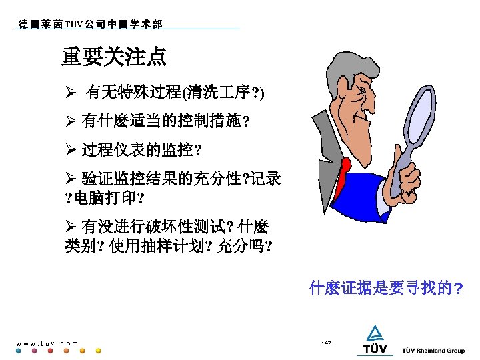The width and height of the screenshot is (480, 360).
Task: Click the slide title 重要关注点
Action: click(114, 57)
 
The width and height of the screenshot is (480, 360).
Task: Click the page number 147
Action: click(326, 343)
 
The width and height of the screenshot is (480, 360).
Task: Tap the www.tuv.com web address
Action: click(47, 343)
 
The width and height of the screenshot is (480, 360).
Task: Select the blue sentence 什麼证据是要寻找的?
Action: click(387, 289)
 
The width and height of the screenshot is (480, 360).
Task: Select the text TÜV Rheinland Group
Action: click(433, 351)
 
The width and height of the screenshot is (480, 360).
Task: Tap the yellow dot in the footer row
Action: click(99, 351)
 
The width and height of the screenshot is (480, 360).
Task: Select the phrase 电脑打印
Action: click(107, 199)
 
